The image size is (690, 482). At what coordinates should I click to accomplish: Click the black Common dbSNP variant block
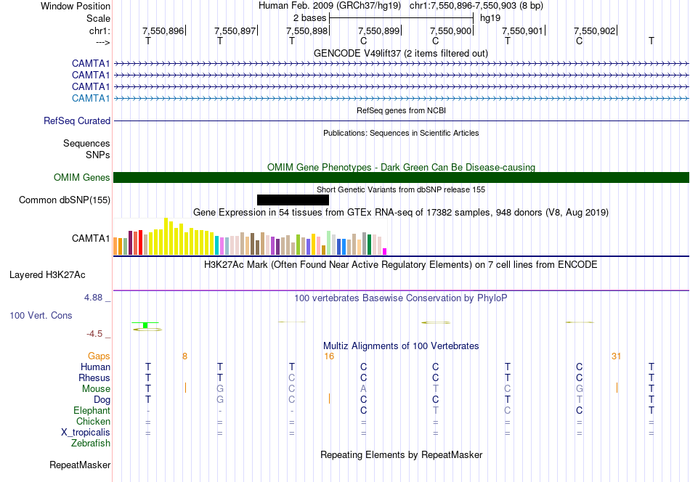pos(293,200)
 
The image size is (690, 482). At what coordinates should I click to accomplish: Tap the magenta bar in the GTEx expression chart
pos(385,252)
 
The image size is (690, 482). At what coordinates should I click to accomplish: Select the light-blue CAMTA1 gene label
pos(91,98)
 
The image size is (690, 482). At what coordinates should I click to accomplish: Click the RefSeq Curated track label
pos(77,121)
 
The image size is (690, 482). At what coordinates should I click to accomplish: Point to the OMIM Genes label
pos(82,178)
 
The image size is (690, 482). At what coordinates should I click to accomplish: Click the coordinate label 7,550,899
pos(379,30)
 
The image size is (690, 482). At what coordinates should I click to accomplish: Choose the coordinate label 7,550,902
pos(595,30)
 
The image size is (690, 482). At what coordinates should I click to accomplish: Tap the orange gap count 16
pos(329,356)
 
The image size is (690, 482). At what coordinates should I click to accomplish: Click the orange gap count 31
pos(616,356)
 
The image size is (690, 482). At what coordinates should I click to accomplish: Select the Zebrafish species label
pos(91,444)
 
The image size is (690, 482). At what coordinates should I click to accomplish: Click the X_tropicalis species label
pos(86,433)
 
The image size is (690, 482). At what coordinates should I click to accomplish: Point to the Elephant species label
pos(92,411)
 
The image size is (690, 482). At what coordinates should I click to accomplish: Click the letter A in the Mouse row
pos(363,389)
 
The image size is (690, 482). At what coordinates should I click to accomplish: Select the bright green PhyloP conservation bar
pos(145,325)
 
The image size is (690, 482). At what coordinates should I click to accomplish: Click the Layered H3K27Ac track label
pos(47,275)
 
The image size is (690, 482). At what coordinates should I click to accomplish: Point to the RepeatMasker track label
pos(80,465)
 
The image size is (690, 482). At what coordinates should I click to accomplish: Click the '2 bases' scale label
pos(310,18)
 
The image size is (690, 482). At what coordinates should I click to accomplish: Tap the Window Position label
pos(76,6)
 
